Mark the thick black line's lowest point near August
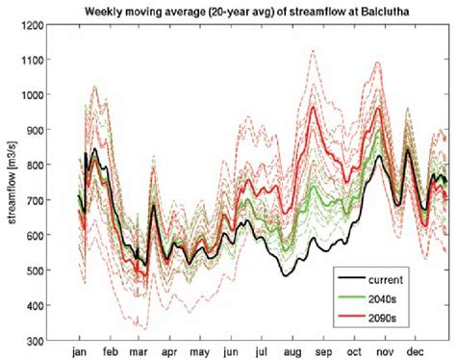(287, 275)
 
